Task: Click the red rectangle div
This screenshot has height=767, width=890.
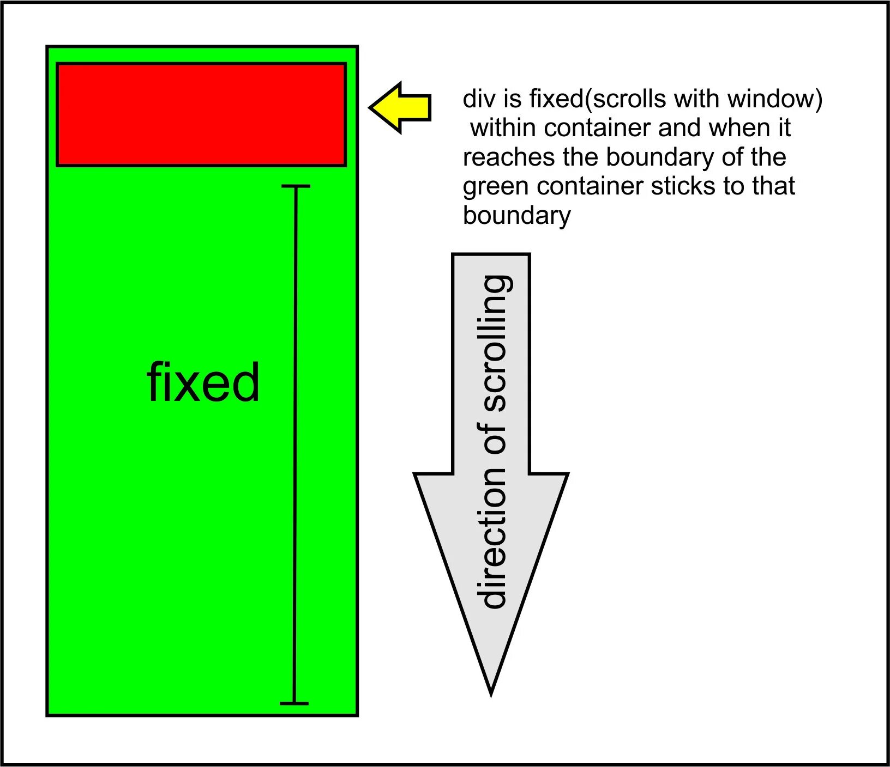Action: pyautogui.click(x=201, y=114)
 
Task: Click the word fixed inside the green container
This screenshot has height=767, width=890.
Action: pyautogui.click(x=203, y=382)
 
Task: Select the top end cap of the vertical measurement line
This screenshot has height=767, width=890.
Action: pyautogui.click(x=296, y=186)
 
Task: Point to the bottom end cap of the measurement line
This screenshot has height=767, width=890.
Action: pyautogui.click(x=294, y=703)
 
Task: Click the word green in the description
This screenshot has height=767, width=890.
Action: pyautogui.click(x=496, y=187)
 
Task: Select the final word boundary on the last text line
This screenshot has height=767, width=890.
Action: pyautogui.click(x=516, y=216)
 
